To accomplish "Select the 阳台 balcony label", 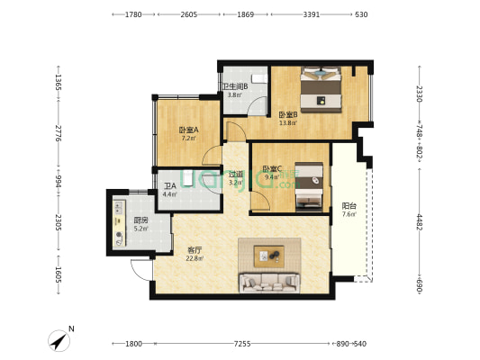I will click(x=349, y=206).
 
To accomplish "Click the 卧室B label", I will click(x=288, y=114).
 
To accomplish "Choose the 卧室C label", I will click(x=272, y=168).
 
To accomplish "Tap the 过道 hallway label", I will click(x=236, y=175).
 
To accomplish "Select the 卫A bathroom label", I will click(x=169, y=185).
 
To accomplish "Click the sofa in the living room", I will click(x=268, y=283).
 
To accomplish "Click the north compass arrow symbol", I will click(x=60, y=339).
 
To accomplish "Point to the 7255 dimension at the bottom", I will click(x=241, y=344).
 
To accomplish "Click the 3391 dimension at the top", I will click(x=312, y=14).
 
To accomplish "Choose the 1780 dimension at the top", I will click(x=134, y=14).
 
